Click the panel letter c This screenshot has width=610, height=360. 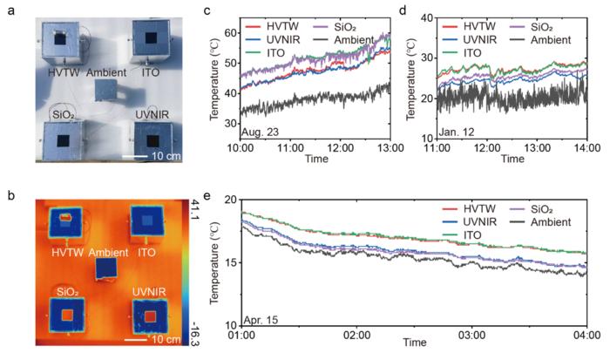coord(207,10)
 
